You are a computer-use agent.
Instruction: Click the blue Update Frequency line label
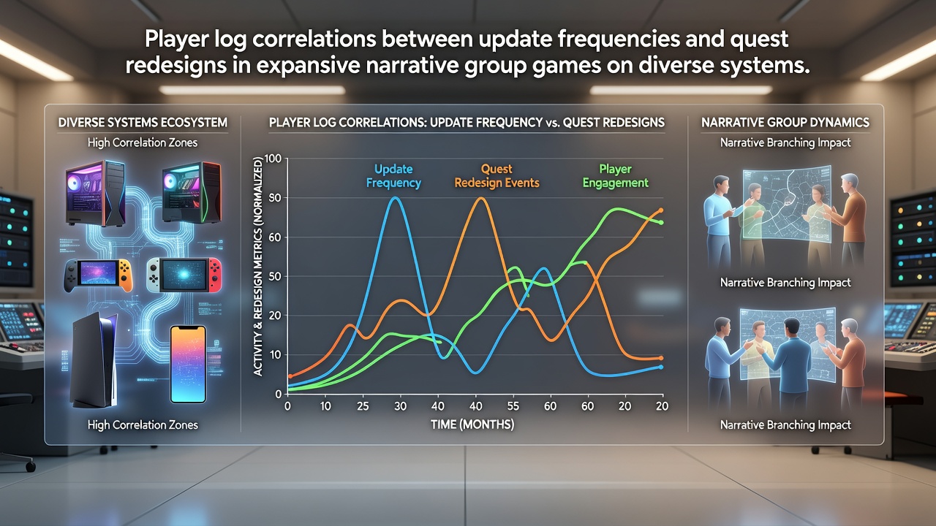point(393,176)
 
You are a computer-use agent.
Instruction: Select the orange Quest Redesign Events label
point(497,176)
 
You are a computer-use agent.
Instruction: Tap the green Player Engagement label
point(616,176)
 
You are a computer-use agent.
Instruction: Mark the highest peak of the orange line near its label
point(481,198)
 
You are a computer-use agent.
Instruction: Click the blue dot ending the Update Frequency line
point(660,367)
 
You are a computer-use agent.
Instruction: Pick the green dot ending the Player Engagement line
point(661,223)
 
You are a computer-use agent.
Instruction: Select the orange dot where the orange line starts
point(291,376)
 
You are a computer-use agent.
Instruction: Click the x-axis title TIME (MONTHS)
point(472,424)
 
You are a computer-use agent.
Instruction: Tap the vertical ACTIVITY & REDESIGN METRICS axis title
point(258,267)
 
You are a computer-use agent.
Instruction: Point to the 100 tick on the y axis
point(273,159)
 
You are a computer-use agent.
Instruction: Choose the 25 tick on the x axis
point(363,405)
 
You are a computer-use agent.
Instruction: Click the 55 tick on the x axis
point(513,405)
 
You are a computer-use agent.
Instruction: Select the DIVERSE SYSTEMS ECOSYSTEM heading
point(143,122)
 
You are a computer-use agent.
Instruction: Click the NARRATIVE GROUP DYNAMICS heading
point(785,122)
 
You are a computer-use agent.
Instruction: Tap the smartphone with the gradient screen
point(188,365)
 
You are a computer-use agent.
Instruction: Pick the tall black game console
point(94,361)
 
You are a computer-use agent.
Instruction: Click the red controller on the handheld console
point(215,275)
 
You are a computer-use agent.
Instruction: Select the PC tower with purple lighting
point(96,193)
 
